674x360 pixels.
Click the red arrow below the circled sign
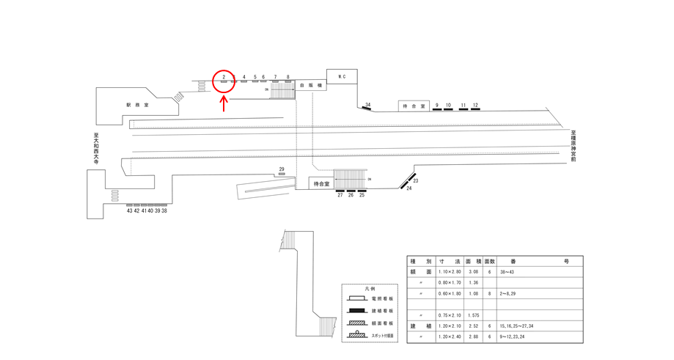click(x=224, y=103)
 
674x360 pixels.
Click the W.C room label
click(x=342, y=76)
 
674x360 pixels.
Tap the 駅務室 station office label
click(x=136, y=105)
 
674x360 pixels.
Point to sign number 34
click(x=368, y=105)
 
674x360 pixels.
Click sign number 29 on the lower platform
click(x=282, y=169)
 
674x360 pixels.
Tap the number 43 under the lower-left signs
click(x=130, y=210)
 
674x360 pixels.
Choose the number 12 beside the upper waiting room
click(x=476, y=106)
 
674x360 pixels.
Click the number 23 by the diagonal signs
click(x=415, y=180)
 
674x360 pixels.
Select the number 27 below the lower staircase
click(x=340, y=196)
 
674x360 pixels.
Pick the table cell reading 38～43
click(x=508, y=271)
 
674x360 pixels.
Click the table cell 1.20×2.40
click(x=449, y=337)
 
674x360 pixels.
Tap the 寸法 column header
click(x=449, y=260)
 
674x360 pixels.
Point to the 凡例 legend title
click(x=370, y=289)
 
